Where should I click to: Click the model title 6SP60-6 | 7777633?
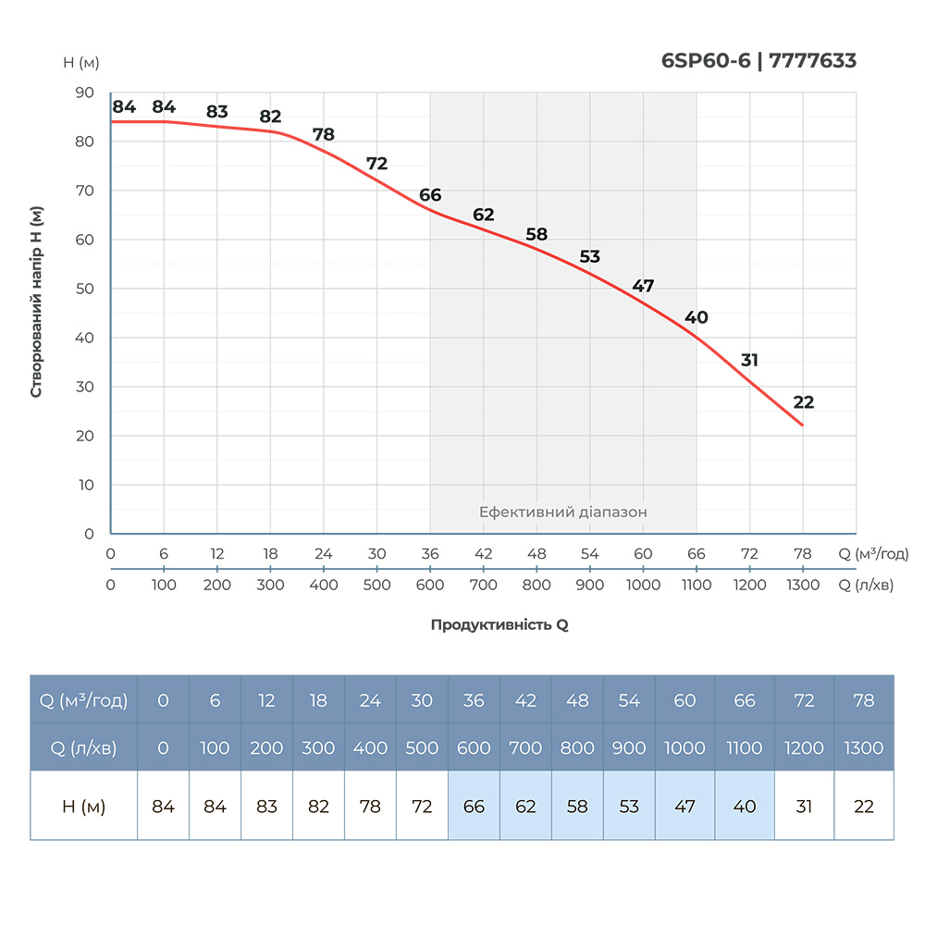click(758, 61)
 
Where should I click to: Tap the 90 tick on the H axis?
click(84, 92)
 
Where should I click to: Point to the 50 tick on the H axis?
click(84, 289)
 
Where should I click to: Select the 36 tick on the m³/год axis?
click(430, 554)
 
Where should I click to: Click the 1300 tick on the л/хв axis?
click(803, 585)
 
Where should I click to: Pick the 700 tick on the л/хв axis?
click(483, 585)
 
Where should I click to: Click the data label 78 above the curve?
click(323, 134)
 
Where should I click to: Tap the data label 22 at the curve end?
click(803, 402)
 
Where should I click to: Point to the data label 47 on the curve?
click(643, 286)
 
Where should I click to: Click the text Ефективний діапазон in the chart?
click(562, 512)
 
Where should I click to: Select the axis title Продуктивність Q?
click(499, 624)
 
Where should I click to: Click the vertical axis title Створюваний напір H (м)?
click(37, 301)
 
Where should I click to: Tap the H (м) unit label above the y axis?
click(81, 63)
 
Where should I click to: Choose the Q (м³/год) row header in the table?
click(84, 700)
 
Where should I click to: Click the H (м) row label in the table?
click(84, 807)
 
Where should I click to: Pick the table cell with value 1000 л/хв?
click(684, 747)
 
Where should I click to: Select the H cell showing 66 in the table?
click(474, 807)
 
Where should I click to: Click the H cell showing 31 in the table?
click(804, 807)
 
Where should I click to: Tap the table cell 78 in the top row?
click(864, 700)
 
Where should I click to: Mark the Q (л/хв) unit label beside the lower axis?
click(866, 585)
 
